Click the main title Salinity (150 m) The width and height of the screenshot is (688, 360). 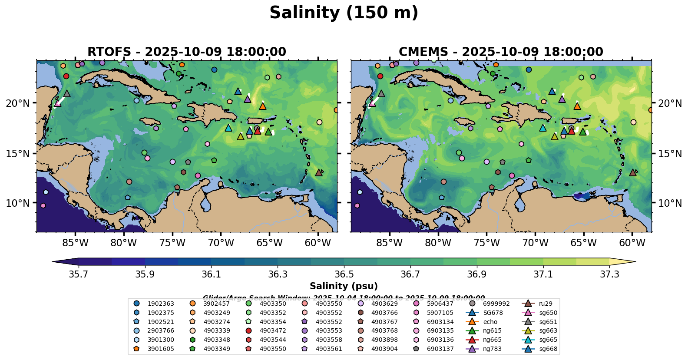click(x=344, y=13)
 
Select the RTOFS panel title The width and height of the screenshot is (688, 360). click(x=187, y=52)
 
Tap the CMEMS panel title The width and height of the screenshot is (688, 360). click(x=501, y=52)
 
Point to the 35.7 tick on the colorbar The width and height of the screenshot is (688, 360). click(x=79, y=274)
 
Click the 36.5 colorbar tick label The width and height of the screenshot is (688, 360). click(x=344, y=274)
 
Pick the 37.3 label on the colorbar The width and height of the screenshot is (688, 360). click(x=609, y=274)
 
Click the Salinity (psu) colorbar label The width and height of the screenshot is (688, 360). click(x=344, y=286)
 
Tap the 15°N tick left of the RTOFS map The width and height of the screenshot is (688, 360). click(x=18, y=154)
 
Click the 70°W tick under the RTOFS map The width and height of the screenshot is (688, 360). click(x=221, y=242)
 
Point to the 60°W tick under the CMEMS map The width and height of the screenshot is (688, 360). click(x=632, y=242)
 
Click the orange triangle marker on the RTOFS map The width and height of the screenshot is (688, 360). click(x=263, y=106)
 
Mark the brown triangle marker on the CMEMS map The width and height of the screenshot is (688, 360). click(x=633, y=172)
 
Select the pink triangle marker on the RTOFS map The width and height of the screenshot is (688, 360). click(x=57, y=103)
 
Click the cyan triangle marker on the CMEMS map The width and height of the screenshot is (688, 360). click(x=542, y=128)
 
